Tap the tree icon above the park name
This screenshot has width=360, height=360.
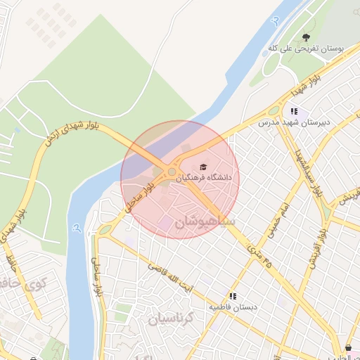pos(305,37)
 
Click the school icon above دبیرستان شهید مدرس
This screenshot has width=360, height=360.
pos(294,111)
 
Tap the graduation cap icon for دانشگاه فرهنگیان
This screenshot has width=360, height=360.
pos(203,167)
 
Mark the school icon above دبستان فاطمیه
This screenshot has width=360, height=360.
pos(233,296)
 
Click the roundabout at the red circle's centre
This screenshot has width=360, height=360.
pos(172,172)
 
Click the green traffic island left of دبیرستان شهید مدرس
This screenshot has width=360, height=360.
pos(273,110)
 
